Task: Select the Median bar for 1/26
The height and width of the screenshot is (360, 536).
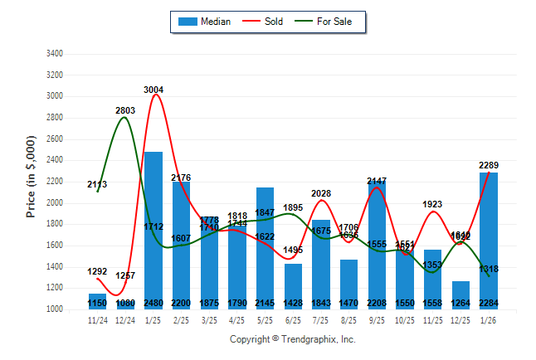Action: click(x=490, y=241)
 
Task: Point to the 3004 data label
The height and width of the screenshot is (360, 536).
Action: click(x=153, y=90)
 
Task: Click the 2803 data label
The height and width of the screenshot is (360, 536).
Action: click(x=125, y=110)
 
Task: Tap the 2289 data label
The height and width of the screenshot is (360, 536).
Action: click(x=489, y=166)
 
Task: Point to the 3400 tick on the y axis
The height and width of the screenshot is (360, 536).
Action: click(x=53, y=54)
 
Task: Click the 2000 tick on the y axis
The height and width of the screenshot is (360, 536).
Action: click(x=53, y=203)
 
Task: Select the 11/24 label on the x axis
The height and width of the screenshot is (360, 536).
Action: click(x=98, y=319)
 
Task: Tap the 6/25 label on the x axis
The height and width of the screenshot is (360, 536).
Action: click(x=294, y=319)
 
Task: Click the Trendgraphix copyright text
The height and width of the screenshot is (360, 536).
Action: click(x=292, y=339)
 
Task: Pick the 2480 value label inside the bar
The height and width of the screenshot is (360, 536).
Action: click(x=153, y=304)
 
